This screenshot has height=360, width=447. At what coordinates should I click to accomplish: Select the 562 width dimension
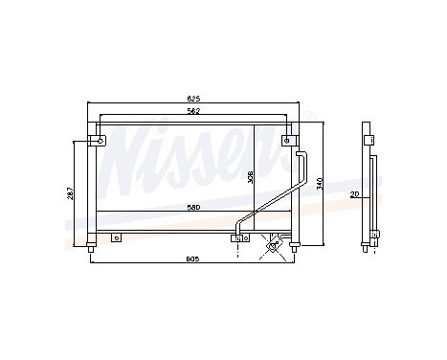point(193,111)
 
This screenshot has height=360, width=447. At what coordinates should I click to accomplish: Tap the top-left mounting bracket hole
point(99,142)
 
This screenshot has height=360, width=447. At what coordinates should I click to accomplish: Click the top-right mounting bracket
point(287,142)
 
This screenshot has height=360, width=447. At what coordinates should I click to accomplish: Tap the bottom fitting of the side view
point(370,250)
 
